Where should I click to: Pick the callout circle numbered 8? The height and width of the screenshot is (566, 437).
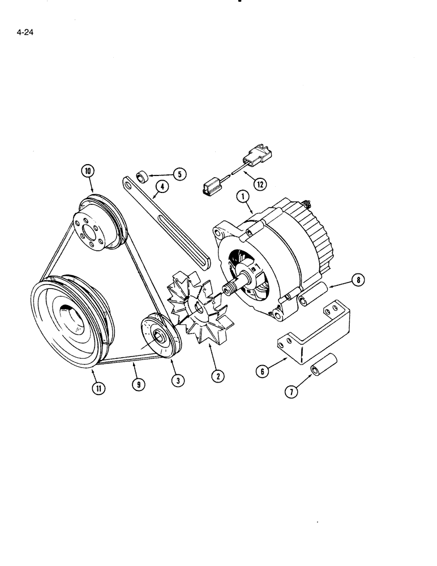[x=358, y=279]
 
